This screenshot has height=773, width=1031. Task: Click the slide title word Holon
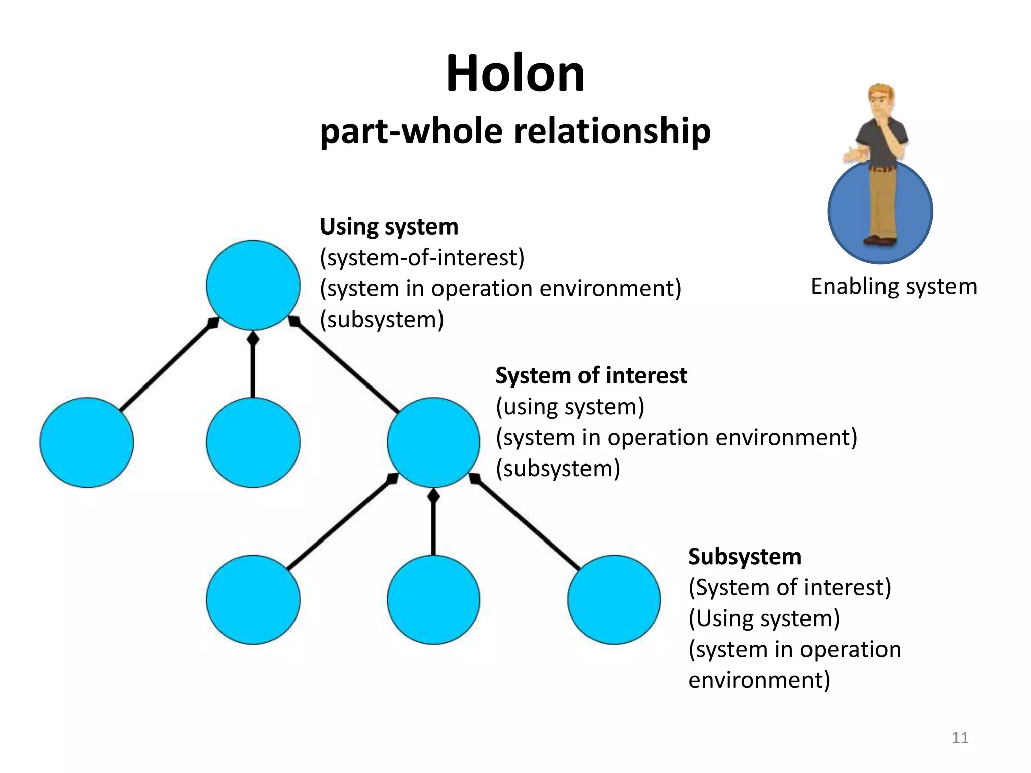point(515,74)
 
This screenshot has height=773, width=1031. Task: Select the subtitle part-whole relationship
point(515,132)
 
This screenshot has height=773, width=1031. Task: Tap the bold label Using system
point(389,227)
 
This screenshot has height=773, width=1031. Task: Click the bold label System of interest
point(591,376)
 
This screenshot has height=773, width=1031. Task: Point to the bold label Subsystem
point(745,557)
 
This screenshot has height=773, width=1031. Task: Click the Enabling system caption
point(894,287)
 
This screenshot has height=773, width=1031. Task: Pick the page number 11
point(960,738)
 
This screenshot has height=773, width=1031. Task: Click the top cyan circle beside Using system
point(253,285)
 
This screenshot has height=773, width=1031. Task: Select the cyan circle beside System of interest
point(433,442)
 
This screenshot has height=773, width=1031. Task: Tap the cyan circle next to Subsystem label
point(614,599)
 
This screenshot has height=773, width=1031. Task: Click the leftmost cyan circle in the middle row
point(87,442)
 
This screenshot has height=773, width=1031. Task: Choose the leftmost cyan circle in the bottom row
point(253,599)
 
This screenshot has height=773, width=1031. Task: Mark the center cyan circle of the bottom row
point(433,599)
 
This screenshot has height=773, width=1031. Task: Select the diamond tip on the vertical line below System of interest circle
point(433,496)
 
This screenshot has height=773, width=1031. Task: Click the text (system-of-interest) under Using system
point(422,258)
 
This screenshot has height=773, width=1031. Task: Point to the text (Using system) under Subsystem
point(764,619)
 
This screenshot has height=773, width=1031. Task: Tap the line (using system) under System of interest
point(570,407)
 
